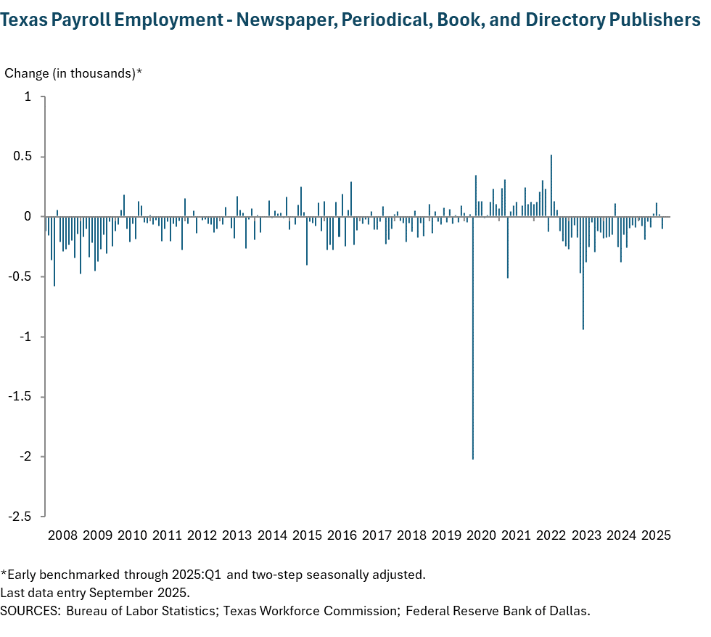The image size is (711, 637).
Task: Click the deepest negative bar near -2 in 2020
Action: (x=473, y=337)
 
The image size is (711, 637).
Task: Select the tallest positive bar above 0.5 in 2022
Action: (x=551, y=186)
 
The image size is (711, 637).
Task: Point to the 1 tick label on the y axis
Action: (x=28, y=96)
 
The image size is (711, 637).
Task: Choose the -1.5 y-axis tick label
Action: (x=21, y=397)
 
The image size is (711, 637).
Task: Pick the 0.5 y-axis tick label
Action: (x=24, y=157)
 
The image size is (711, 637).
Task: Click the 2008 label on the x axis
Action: (x=62, y=536)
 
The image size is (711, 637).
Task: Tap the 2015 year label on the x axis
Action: (x=307, y=536)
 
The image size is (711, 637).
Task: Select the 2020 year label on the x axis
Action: (x=482, y=536)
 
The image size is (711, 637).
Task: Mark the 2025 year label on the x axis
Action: (x=656, y=536)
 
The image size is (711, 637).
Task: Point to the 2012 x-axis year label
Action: (x=202, y=536)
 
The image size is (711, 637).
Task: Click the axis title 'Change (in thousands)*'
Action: (x=73, y=73)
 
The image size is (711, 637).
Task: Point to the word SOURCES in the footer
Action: (x=30, y=610)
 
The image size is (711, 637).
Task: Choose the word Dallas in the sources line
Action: (x=571, y=610)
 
